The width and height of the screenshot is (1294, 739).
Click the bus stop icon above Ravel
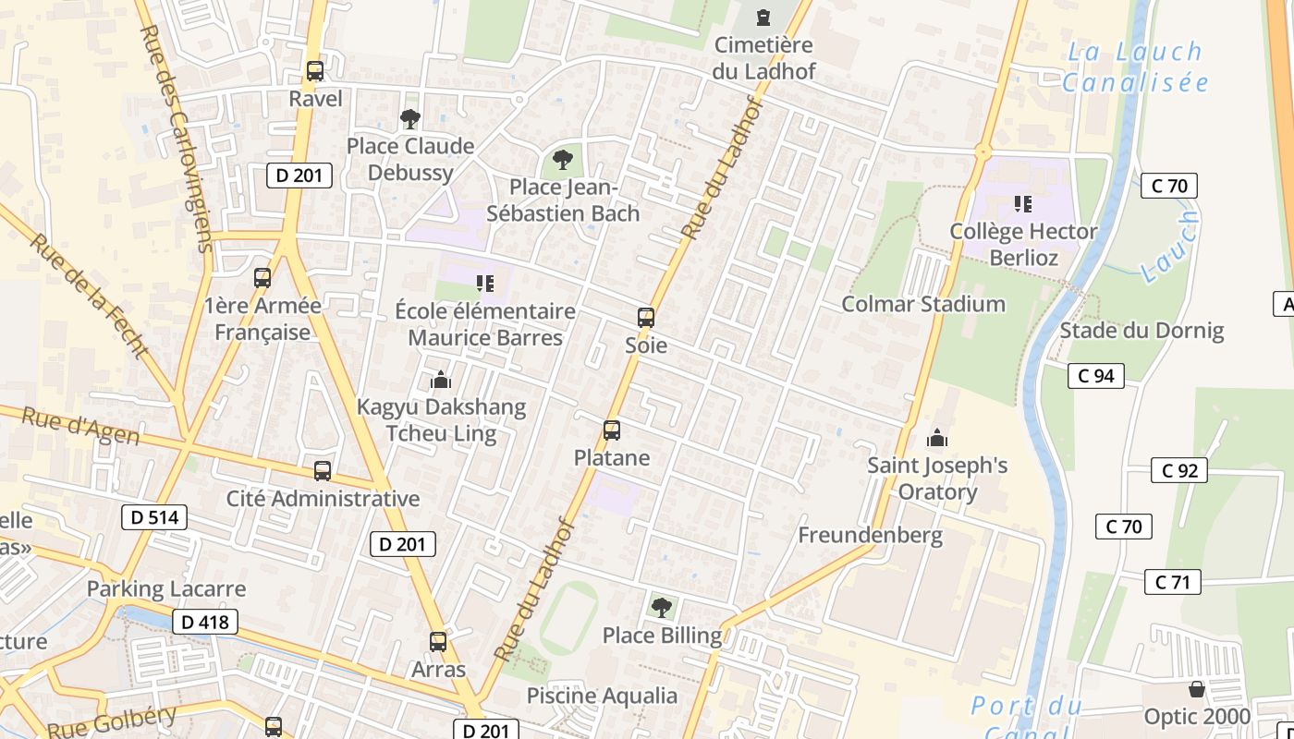[x=315, y=71]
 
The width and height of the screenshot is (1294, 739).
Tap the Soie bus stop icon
[x=646, y=318]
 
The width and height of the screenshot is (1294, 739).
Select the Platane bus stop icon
[x=612, y=430]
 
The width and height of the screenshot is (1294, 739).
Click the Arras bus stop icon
[x=438, y=641]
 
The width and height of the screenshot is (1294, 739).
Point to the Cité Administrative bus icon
[x=323, y=471]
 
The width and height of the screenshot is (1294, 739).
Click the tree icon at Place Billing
[x=661, y=608]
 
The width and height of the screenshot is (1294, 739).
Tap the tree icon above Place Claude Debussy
[x=409, y=118]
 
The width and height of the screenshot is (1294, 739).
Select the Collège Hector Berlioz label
[x=1023, y=244]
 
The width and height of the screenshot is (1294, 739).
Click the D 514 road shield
[x=154, y=517]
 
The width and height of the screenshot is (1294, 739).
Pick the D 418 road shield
[x=205, y=622]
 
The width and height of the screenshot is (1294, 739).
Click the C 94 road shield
[x=1096, y=375]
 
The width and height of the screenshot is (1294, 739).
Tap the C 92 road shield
[x=1179, y=470]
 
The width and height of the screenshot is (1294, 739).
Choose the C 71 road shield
[x=1173, y=582]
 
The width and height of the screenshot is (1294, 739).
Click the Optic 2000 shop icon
[x=1197, y=689]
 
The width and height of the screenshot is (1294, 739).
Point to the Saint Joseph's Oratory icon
[x=938, y=438]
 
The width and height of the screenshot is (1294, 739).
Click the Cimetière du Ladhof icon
[x=763, y=18]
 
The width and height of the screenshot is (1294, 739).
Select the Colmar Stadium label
[x=922, y=304]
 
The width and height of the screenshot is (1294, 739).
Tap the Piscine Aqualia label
[x=602, y=696]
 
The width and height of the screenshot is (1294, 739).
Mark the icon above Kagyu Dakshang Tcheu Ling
[x=441, y=380]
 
